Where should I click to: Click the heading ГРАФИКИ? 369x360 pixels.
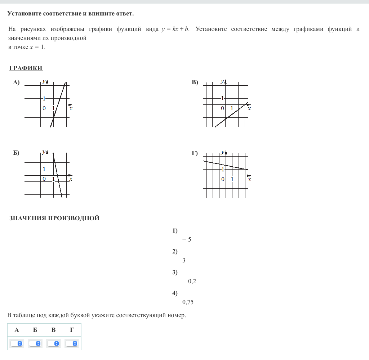(x=26, y=68)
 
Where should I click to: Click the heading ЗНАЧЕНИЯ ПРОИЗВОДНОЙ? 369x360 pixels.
(x=54, y=218)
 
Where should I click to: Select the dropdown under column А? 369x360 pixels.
(x=17, y=343)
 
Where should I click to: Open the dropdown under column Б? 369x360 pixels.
(x=35, y=343)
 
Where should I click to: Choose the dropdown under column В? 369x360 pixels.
(x=53, y=343)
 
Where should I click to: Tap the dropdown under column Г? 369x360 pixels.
(x=72, y=343)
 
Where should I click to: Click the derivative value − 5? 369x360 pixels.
(x=187, y=239)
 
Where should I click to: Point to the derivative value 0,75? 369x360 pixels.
(x=188, y=302)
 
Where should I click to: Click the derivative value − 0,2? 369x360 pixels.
(x=189, y=281)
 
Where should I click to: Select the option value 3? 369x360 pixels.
(x=184, y=260)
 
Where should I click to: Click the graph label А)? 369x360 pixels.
(x=16, y=82)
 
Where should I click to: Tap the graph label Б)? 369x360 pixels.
(x=16, y=153)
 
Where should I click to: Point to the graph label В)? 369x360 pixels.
(x=195, y=82)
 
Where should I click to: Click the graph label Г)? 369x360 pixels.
(x=195, y=153)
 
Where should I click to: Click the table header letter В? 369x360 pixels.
(x=53, y=330)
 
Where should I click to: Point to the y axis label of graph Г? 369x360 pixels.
(x=222, y=152)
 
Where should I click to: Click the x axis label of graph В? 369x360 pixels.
(x=249, y=108)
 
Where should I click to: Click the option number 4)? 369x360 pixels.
(x=175, y=293)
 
